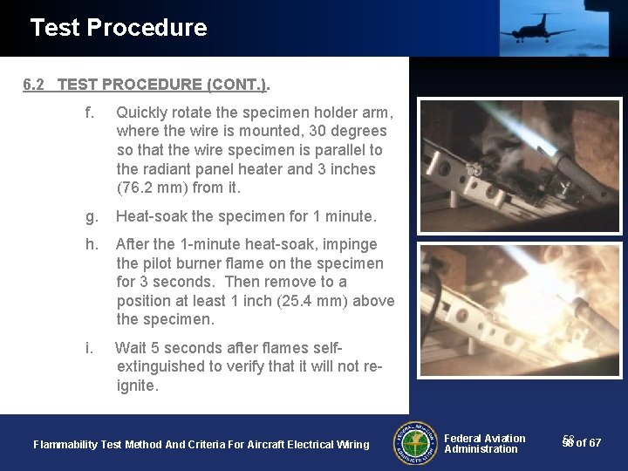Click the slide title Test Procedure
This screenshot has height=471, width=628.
119,28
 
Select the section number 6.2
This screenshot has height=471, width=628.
34,85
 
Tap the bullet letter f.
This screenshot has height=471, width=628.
89,113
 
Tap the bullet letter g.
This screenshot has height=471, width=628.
91,216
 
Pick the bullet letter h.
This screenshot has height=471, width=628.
92,244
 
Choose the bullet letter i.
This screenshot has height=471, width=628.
89,348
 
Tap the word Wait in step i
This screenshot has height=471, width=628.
132,348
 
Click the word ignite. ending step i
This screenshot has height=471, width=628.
138,386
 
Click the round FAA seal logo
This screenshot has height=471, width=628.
415,443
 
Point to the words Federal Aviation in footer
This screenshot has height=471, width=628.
485,438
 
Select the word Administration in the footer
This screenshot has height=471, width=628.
481,449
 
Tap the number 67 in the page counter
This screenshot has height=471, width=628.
595,443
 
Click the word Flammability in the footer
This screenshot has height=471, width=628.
65,445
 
